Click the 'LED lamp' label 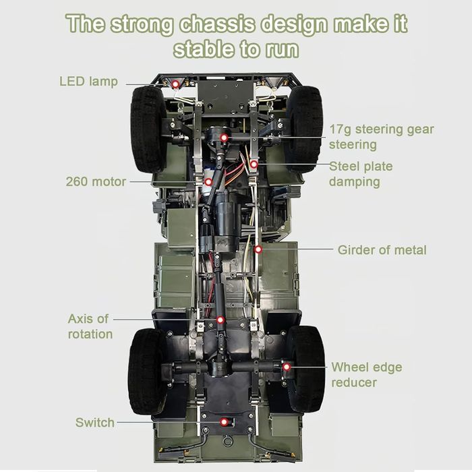pyautogui.click(x=88, y=82)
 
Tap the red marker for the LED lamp pyautogui.click(x=175, y=84)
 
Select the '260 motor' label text pyautogui.click(x=96, y=181)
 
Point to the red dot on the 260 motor pyautogui.click(x=208, y=182)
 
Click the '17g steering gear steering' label pyautogui.click(x=382, y=137)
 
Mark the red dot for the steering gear pyautogui.click(x=224, y=138)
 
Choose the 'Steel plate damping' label pyautogui.click(x=361, y=174)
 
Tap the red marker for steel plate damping pyautogui.click(x=254, y=164)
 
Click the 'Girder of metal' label pyautogui.click(x=382, y=250)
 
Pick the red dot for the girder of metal pyautogui.click(x=258, y=249)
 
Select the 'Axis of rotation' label pyautogui.click(x=90, y=326)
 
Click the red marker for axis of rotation pyautogui.click(x=220, y=320)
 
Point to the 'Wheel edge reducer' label pyautogui.click(x=367, y=375)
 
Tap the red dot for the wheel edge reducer pyautogui.click(x=287, y=367)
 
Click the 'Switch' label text pyautogui.click(x=95, y=422)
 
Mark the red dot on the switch pyautogui.click(x=224, y=422)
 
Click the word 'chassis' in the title pyautogui.click(x=217, y=24)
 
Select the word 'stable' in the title pyautogui.click(x=204, y=50)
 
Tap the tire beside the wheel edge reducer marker pyautogui.click(x=306, y=370)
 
